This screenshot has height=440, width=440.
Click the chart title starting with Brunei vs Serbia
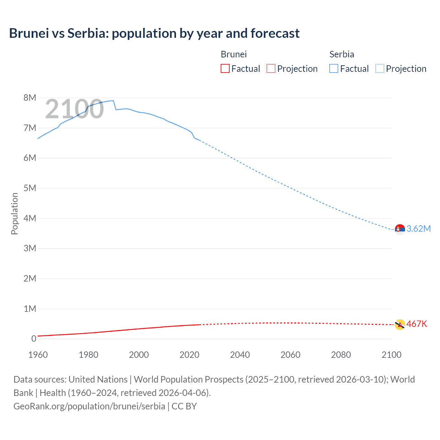coord(154,33)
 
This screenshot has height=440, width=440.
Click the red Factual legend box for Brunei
coord(225,68)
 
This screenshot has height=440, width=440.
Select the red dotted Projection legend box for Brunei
coord(271,68)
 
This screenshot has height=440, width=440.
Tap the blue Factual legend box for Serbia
coord(333,68)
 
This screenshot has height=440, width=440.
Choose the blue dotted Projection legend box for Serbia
coord(379,68)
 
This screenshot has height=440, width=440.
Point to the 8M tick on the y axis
coord(30,98)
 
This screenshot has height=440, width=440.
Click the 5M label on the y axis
coord(30,188)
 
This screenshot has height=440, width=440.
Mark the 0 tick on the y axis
coord(34,339)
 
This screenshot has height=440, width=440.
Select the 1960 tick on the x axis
coord(38,355)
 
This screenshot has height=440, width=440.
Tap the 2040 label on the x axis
coord(240,355)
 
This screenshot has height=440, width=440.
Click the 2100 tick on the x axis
coord(391,355)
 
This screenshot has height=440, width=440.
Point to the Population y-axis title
coord(14,213)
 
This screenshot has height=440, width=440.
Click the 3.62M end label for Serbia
coord(418,229)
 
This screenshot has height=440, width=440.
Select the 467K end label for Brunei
coord(417,324)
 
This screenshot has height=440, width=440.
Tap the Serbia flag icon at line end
coord(400,229)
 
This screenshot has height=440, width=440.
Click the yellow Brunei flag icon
coord(400,324)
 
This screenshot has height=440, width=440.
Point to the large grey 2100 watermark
coord(74,109)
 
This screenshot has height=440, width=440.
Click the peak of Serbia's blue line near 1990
coord(113,101)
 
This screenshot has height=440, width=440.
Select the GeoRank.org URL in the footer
coord(89,406)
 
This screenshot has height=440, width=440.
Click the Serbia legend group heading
coord(341,54)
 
